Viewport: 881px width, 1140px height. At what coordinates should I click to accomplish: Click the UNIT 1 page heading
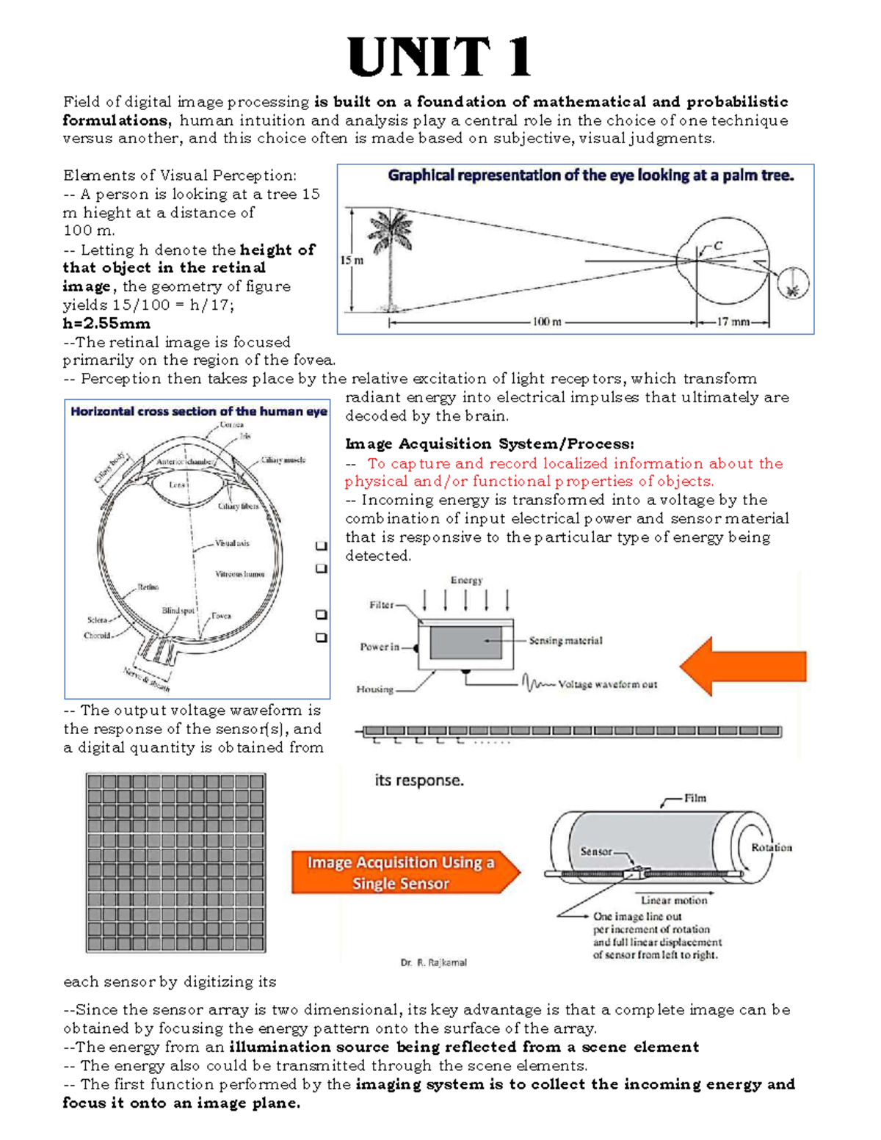point(439,58)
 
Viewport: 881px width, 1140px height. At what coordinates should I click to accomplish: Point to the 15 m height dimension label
point(352,260)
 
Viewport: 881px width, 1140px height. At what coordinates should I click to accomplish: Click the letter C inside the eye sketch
point(718,247)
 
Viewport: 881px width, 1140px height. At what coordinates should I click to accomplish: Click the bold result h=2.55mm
point(106,324)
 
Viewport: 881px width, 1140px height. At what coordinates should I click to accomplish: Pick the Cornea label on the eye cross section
point(232,425)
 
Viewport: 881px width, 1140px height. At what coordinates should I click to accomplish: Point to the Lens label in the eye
point(178,485)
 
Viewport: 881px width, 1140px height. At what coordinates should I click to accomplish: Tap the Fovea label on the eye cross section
point(221,616)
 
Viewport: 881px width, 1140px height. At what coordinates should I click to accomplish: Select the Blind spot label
point(178,611)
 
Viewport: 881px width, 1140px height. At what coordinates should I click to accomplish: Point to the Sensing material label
point(565,641)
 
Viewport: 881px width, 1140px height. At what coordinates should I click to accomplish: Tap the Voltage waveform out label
point(607,684)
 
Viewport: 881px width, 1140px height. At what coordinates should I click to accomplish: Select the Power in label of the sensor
point(380,647)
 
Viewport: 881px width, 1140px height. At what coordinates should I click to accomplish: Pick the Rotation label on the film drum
point(772,847)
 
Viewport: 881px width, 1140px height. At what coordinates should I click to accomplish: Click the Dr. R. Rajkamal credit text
point(433,962)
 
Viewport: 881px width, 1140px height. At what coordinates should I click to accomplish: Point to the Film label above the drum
point(695,798)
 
